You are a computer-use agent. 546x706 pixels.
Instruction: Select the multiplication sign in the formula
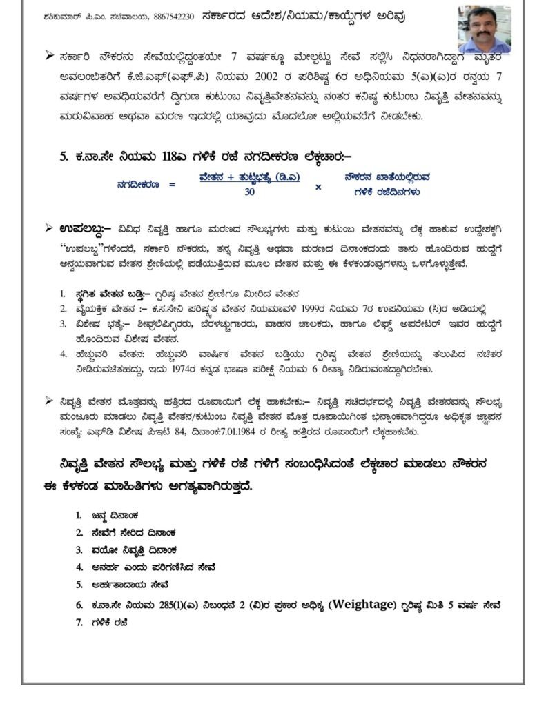click(x=318, y=185)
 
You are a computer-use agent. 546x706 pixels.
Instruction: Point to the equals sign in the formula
click(x=171, y=185)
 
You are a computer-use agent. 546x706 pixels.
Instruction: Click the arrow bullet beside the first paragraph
click(x=50, y=55)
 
